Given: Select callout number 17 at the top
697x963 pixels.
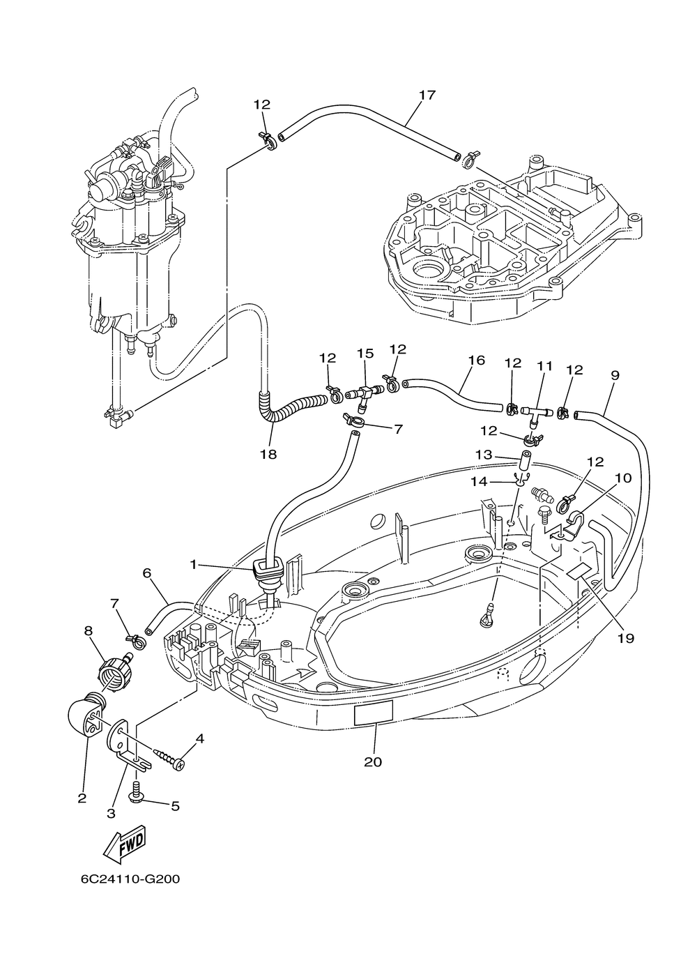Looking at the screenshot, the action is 427,95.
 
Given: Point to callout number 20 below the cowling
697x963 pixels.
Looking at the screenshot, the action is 373,762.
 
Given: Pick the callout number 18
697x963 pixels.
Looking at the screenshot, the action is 268,454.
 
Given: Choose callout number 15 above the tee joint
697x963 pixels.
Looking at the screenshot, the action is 365,354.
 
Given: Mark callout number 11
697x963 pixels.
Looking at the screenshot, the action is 544,366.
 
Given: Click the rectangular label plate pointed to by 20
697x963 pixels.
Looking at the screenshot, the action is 373,715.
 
